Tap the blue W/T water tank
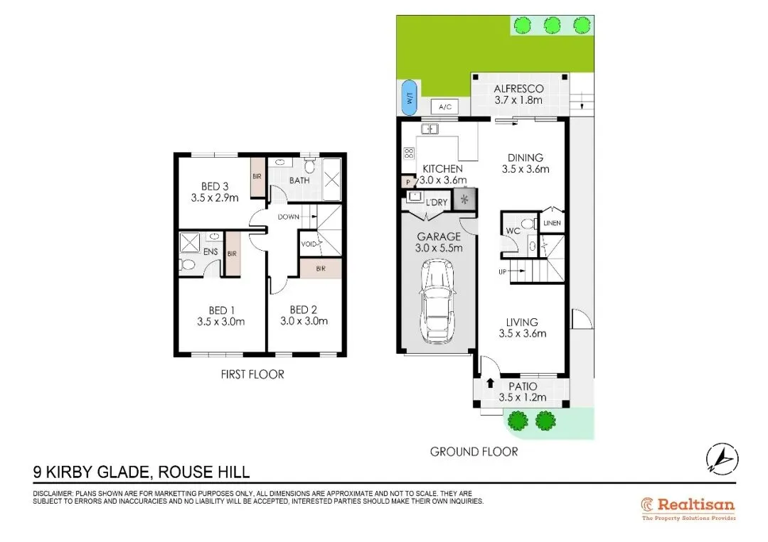click(x=409, y=98)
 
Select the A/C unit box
click(x=444, y=107)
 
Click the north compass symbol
click(x=722, y=459)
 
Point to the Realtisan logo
click(x=688, y=509)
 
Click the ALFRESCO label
click(x=518, y=89)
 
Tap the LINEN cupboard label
click(x=552, y=223)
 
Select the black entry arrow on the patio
click(x=490, y=383)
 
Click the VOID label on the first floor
click(x=309, y=244)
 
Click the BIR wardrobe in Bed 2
click(x=321, y=269)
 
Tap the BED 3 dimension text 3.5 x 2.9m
click(x=215, y=198)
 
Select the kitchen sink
click(x=430, y=129)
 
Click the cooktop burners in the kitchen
click(x=408, y=153)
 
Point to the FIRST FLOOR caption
click(x=252, y=374)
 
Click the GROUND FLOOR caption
click(x=474, y=452)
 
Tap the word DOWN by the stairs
click(x=289, y=217)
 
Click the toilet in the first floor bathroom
click(x=309, y=166)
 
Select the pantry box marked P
click(x=408, y=183)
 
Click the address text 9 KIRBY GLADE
click(x=90, y=472)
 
